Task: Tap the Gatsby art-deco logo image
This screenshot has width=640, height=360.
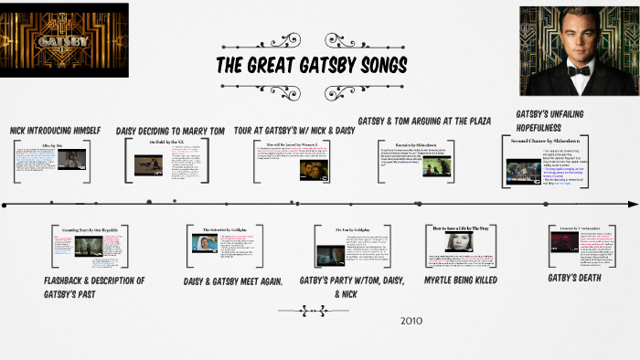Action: coord(65,38)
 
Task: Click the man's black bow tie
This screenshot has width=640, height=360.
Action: coord(578,69)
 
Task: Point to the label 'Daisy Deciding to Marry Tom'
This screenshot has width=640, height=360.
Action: coord(170,131)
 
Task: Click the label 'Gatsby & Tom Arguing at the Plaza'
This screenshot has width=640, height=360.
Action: coord(424,120)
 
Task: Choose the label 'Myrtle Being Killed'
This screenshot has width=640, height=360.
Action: coord(461,280)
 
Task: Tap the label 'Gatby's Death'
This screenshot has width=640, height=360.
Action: coord(574,277)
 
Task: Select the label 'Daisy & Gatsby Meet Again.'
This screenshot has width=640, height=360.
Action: coord(233,281)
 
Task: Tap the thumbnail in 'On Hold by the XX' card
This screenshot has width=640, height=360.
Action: coord(147,164)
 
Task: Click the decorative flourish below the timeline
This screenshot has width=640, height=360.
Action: coord(325,311)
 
